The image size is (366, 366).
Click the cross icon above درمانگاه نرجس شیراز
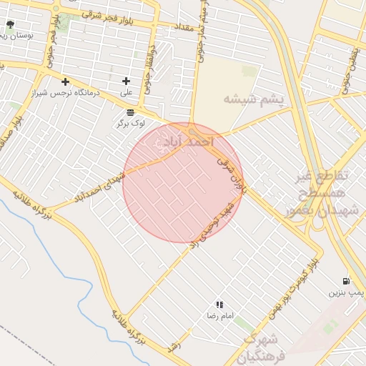click(66, 81)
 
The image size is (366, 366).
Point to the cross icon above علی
click(127, 81)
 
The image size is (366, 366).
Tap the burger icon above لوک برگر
click(130, 112)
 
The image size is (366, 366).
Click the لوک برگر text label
click(130, 124)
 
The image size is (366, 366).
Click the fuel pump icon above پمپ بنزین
click(347, 281)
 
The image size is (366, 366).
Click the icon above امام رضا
click(219, 305)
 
